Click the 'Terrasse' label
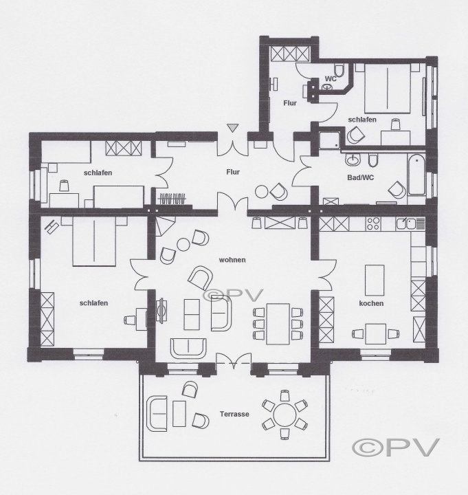coord(234,414)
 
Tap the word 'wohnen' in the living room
coord(232,260)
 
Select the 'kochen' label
coord(371,303)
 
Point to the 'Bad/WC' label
coord(360,177)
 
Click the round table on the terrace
coord(285,415)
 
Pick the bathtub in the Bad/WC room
coord(416,174)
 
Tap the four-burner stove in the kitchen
coord(373,224)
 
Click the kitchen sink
coord(407,223)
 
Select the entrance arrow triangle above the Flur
coord(232,128)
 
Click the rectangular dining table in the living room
coord(278,324)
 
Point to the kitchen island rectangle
coord(375,280)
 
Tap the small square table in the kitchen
coord(375,333)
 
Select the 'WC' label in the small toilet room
coord(331,78)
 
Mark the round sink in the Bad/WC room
coord(352,159)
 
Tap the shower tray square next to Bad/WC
coord(329,140)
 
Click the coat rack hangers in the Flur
coord(172,199)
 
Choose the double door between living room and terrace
coord(234,361)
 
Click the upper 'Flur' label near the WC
coord(290,103)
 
